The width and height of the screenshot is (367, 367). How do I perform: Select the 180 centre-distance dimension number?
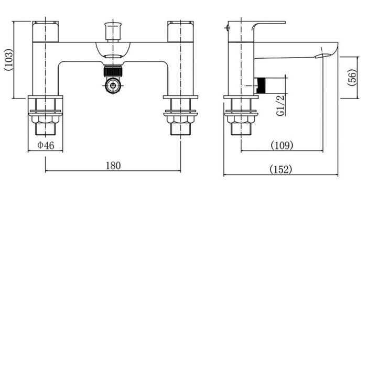pyautogui.click(x=113, y=166)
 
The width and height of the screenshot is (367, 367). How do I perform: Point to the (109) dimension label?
pyautogui.click(x=282, y=145)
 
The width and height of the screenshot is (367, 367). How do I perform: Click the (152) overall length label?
pyautogui.click(x=280, y=169)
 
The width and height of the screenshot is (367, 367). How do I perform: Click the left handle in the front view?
pyautogui.click(x=45, y=31)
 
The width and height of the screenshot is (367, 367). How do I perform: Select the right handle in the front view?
pyautogui.click(x=180, y=31)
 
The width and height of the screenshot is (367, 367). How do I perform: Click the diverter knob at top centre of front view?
pyautogui.click(x=112, y=30)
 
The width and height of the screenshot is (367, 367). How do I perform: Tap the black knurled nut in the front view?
pyautogui.click(x=113, y=71)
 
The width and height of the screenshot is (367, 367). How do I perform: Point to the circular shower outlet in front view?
pyautogui.click(x=113, y=85)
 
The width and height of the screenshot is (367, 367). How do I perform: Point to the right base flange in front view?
pyautogui.click(x=180, y=98)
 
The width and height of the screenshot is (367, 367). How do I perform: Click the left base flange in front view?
pyautogui.click(x=46, y=98)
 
